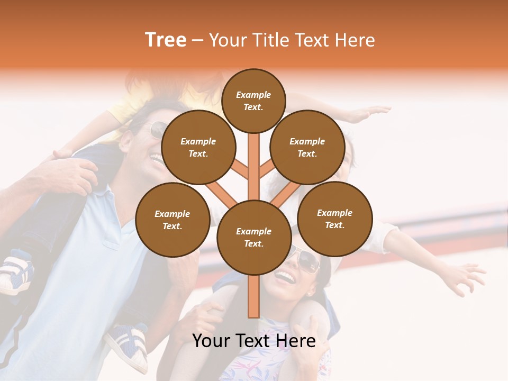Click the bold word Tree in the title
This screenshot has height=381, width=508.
click(166, 40)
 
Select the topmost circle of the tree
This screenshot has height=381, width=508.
click(253, 100)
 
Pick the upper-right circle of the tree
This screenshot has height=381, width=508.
click(307, 148)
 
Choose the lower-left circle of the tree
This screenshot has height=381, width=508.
click(172, 220)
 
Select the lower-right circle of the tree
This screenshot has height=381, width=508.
click(334, 219)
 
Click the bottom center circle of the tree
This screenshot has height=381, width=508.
click(253, 238)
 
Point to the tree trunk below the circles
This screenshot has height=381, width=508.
click(253, 296)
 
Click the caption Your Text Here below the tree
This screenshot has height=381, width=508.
click(253, 341)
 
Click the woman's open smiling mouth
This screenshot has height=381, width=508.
click(286, 276)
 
